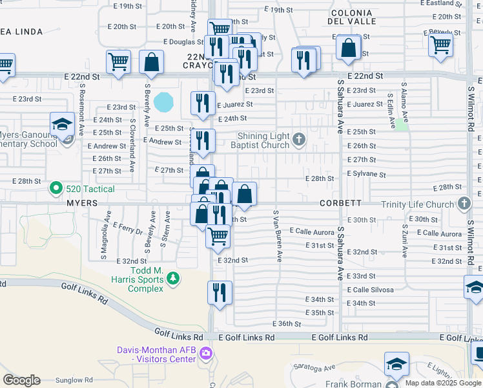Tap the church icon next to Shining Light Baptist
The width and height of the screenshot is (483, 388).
coord(298,138)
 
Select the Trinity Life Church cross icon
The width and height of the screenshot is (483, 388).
coord(464,204)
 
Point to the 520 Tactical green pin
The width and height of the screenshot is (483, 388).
coord(56,189)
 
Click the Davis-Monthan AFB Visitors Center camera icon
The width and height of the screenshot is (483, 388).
coord(205,353)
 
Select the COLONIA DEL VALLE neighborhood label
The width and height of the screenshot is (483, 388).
coord(351,17)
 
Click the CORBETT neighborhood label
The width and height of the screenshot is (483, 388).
coord(340,203)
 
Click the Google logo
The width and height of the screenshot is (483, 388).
coord(21,380)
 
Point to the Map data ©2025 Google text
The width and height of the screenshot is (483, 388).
coord(442,383)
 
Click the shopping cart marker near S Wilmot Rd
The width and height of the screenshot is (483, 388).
coord(440,45)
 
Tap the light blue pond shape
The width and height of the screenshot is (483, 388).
coord(164,101)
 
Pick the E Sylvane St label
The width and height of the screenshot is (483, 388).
coord(366,175)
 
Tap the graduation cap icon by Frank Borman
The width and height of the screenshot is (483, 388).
coord(396,364)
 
